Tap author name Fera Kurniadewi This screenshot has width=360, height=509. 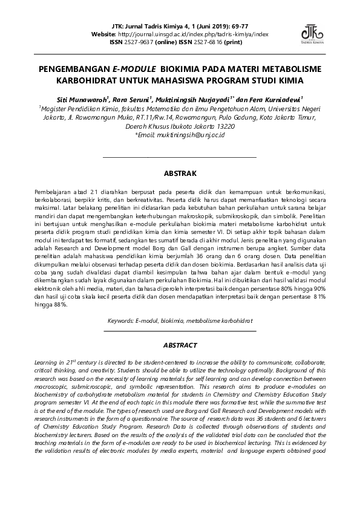[x=276, y=99]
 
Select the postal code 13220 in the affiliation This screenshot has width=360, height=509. [x=224, y=128]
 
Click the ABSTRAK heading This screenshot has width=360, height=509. [x=180, y=173]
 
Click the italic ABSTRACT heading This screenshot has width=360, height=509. [x=180, y=345]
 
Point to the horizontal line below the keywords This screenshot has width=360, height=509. [x=180, y=331]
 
